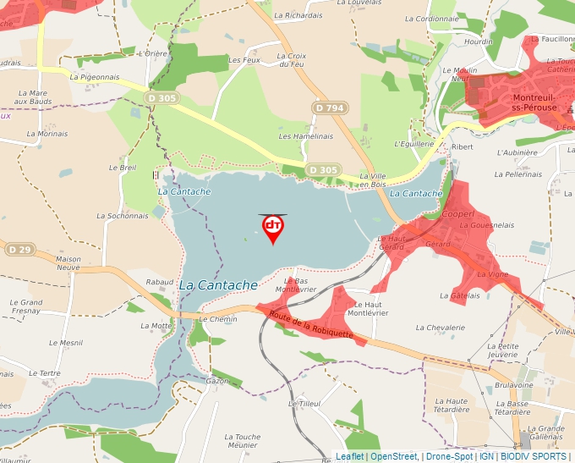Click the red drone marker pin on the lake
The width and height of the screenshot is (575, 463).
[x=272, y=228]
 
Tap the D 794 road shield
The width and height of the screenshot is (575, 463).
[x=328, y=107]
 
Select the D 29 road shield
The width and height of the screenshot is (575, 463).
[x=19, y=250]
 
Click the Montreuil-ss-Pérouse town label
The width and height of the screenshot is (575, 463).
[x=534, y=102]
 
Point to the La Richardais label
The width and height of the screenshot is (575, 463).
[x=304, y=15]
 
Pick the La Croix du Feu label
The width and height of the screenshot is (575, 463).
[x=290, y=61]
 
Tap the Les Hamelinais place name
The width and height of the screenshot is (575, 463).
[x=305, y=136]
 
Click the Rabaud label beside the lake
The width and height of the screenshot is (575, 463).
[x=160, y=282]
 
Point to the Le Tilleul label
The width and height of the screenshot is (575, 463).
[x=304, y=404]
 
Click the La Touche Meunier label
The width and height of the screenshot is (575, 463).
[x=242, y=441]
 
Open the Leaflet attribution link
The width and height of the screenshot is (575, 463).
[x=349, y=456]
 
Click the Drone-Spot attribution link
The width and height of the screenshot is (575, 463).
[x=449, y=456]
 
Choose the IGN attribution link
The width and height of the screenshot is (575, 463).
[x=486, y=456]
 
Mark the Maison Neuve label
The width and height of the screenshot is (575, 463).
[x=68, y=264]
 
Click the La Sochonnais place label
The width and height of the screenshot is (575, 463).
[x=122, y=216]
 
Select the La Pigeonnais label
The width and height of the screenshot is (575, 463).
[x=95, y=76]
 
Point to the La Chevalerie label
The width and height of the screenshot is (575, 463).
[x=441, y=328]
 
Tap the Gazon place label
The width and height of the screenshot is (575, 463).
[x=217, y=382]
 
